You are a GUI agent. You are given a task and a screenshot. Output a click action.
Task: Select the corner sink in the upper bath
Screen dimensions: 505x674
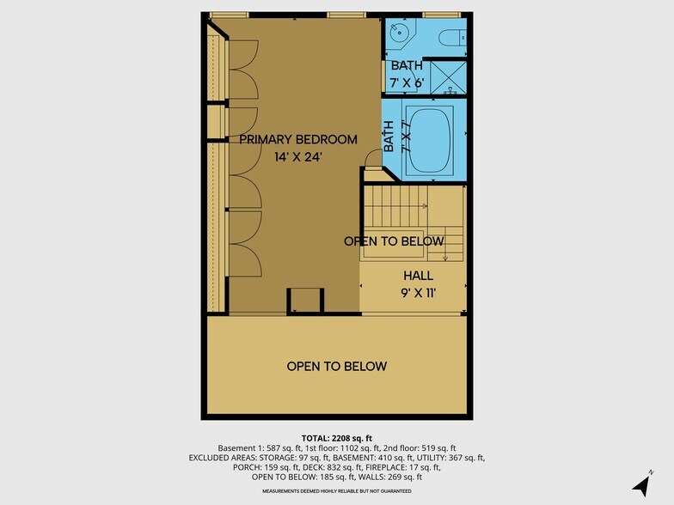[400, 35]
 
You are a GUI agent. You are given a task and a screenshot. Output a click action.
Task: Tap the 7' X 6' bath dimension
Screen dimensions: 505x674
[407, 82]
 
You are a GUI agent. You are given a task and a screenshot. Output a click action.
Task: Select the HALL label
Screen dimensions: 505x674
[418, 276]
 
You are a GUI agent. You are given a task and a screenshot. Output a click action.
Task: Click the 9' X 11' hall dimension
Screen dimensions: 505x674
[418, 293]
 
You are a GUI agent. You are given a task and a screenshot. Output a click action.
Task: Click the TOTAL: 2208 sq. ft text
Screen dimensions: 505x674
[336, 436]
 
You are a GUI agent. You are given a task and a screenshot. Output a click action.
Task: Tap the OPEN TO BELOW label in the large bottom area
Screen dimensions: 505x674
[336, 367]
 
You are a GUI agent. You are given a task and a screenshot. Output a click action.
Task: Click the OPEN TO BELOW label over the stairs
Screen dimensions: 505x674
[394, 241]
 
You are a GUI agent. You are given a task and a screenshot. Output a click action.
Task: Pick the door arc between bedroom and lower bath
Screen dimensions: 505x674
[371, 158]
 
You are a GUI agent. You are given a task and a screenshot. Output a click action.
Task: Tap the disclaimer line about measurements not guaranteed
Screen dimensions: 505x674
[336, 490]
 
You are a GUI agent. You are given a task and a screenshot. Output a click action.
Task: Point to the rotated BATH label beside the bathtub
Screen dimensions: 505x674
[389, 137]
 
